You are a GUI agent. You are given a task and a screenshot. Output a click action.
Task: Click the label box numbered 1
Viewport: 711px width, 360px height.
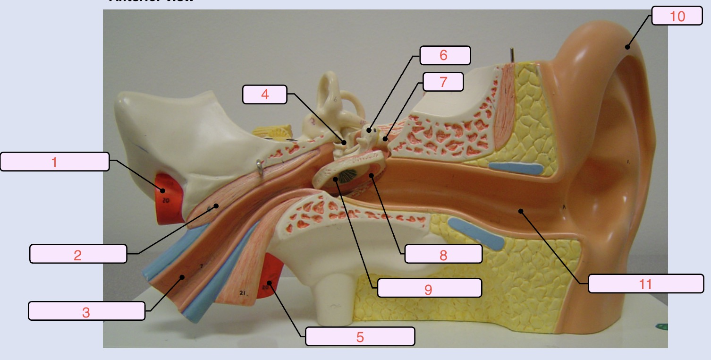pyautogui.click(x=55, y=162)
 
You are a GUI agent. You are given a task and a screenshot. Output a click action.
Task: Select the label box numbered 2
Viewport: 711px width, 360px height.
pyautogui.click(x=78, y=254)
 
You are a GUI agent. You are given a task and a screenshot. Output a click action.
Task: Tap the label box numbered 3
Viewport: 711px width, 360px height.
pyautogui.click(x=86, y=311)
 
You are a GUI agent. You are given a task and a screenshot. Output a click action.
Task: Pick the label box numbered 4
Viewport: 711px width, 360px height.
pyautogui.click(x=264, y=94)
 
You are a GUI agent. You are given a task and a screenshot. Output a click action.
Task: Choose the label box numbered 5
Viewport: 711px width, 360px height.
pyautogui.click(x=360, y=336)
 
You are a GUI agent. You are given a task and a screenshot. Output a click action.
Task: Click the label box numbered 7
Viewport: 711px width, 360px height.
pyautogui.click(x=442, y=82)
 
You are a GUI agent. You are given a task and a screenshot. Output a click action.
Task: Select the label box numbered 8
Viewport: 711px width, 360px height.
pyautogui.click(x=443, y=254)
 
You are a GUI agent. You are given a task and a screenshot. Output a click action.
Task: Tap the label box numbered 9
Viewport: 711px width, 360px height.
pyautogui.click(x=429, y=288)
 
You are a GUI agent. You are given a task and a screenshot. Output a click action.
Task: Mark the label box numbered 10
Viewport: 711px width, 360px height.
pyautogui.click(x=677, y=16)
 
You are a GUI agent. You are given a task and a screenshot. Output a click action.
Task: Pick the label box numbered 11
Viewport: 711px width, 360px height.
pyautogui.click(x=645, y=284)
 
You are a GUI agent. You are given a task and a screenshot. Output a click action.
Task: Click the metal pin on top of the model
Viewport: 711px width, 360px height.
pyautogui.click(x=511, y=55)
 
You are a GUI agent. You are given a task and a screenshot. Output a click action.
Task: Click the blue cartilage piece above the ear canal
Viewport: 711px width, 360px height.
pyautogui.click(x=515, y=167)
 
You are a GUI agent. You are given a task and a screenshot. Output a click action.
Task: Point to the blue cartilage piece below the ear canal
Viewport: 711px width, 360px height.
pyautogui.click(x=474, y=233)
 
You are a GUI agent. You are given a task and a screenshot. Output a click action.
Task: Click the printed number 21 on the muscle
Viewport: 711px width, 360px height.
pyautogui.click(x=243, y=293)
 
